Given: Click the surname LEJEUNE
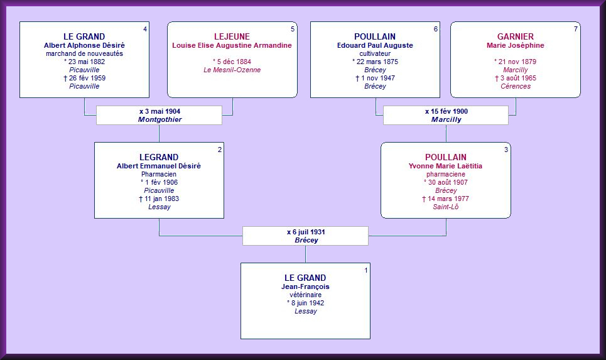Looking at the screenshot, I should [x=232, y=36].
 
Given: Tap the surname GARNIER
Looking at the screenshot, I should [x=515, y=36].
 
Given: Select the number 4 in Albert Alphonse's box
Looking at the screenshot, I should [x=145, y=29].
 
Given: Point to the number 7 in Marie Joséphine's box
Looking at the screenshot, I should [x=576, y=29].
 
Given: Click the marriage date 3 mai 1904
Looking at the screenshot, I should [x=160, y=111].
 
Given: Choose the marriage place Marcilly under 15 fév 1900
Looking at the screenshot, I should [x=446, y=119].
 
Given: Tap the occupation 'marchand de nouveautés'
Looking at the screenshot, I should [x=84, y=53].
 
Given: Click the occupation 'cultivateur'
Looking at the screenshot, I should [x=374, y=53].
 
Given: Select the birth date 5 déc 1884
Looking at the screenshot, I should [x=232, y=62].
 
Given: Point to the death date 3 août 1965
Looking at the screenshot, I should [x=515, y=78].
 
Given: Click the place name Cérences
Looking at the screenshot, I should [x=515, y=86].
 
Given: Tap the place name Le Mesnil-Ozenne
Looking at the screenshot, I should [x=232, y=70].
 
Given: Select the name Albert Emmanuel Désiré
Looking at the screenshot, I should [x=159, y=166].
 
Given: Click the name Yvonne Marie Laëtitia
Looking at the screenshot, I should [x=445, y=166].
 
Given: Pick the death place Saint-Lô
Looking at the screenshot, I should [x=445, y=207].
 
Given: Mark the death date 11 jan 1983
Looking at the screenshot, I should [x=159, y=199].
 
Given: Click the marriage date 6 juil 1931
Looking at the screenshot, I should [x=306, y=232].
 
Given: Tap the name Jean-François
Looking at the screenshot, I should [x=305, y=286].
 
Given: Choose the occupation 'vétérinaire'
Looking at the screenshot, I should [x=305, y=295].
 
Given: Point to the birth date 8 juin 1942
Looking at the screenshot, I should [x=305, y=303].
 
